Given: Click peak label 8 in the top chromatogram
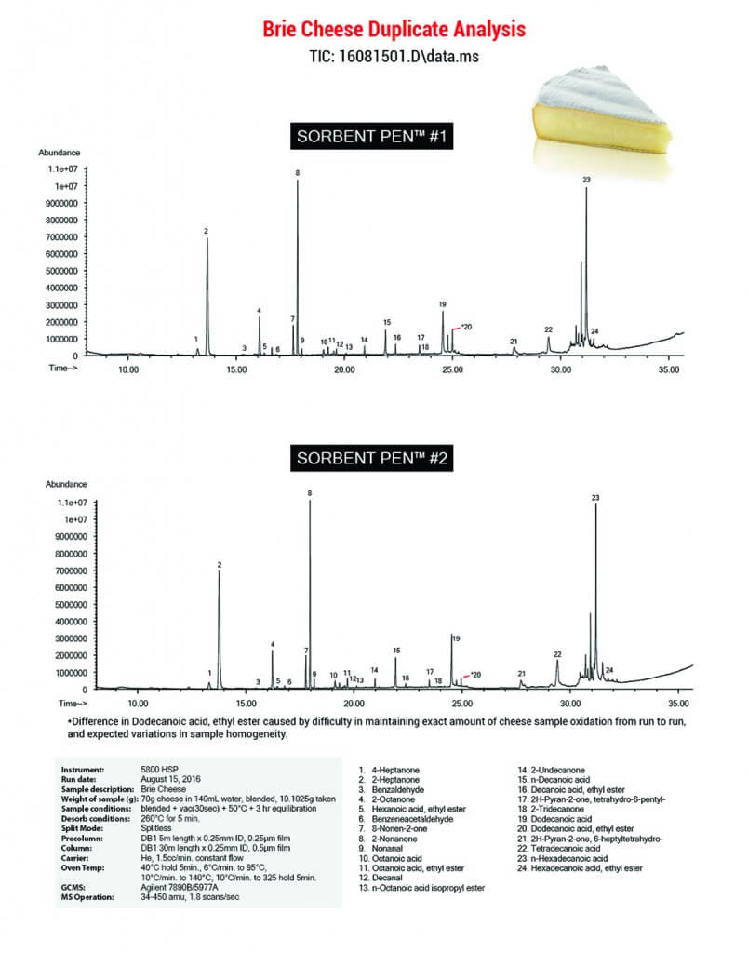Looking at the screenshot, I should (298, 173).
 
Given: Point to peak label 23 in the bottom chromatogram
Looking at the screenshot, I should (595, 498).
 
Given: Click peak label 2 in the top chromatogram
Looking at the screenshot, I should (206, 230).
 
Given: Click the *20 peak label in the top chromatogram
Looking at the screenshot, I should (467, 327).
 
